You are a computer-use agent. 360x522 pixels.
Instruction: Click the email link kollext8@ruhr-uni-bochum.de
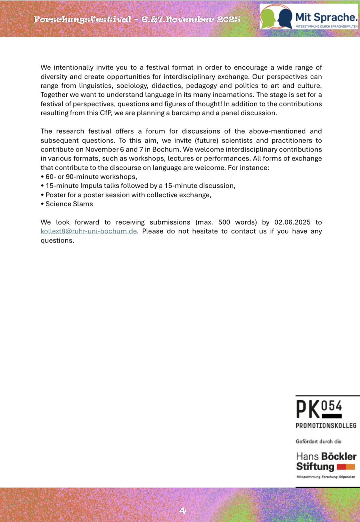tap(88, 231)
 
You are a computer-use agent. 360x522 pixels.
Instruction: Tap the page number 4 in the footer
tap(183, 510)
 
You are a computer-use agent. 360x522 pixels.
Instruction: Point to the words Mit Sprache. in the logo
tap(326, 17)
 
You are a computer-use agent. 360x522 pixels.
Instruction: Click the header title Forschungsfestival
tap(83, 19)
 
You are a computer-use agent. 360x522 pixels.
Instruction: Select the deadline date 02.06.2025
tap(292, 222)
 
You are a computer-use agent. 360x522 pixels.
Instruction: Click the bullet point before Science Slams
tap(42, 204)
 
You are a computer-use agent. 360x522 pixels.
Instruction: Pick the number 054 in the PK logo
tap(331, 406)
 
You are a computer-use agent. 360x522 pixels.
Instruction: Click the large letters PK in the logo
tap(308, 410)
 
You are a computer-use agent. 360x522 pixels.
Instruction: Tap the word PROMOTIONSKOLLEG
tap(326, 426)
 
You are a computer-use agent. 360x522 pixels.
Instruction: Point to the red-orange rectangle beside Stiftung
tap(346, 467)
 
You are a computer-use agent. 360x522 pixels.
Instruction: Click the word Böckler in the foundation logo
tap(339, 456)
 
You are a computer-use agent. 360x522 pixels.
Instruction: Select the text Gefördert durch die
tap(318, 442)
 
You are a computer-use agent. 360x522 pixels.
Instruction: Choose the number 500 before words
tap(224, 222)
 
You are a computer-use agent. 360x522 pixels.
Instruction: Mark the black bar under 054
tap(331, 416)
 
